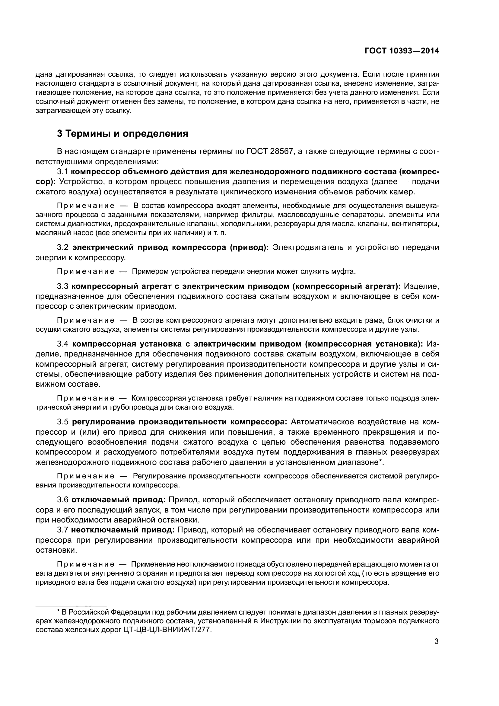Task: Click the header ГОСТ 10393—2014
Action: point(402,51)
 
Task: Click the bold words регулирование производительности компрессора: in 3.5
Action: point(180,422)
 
